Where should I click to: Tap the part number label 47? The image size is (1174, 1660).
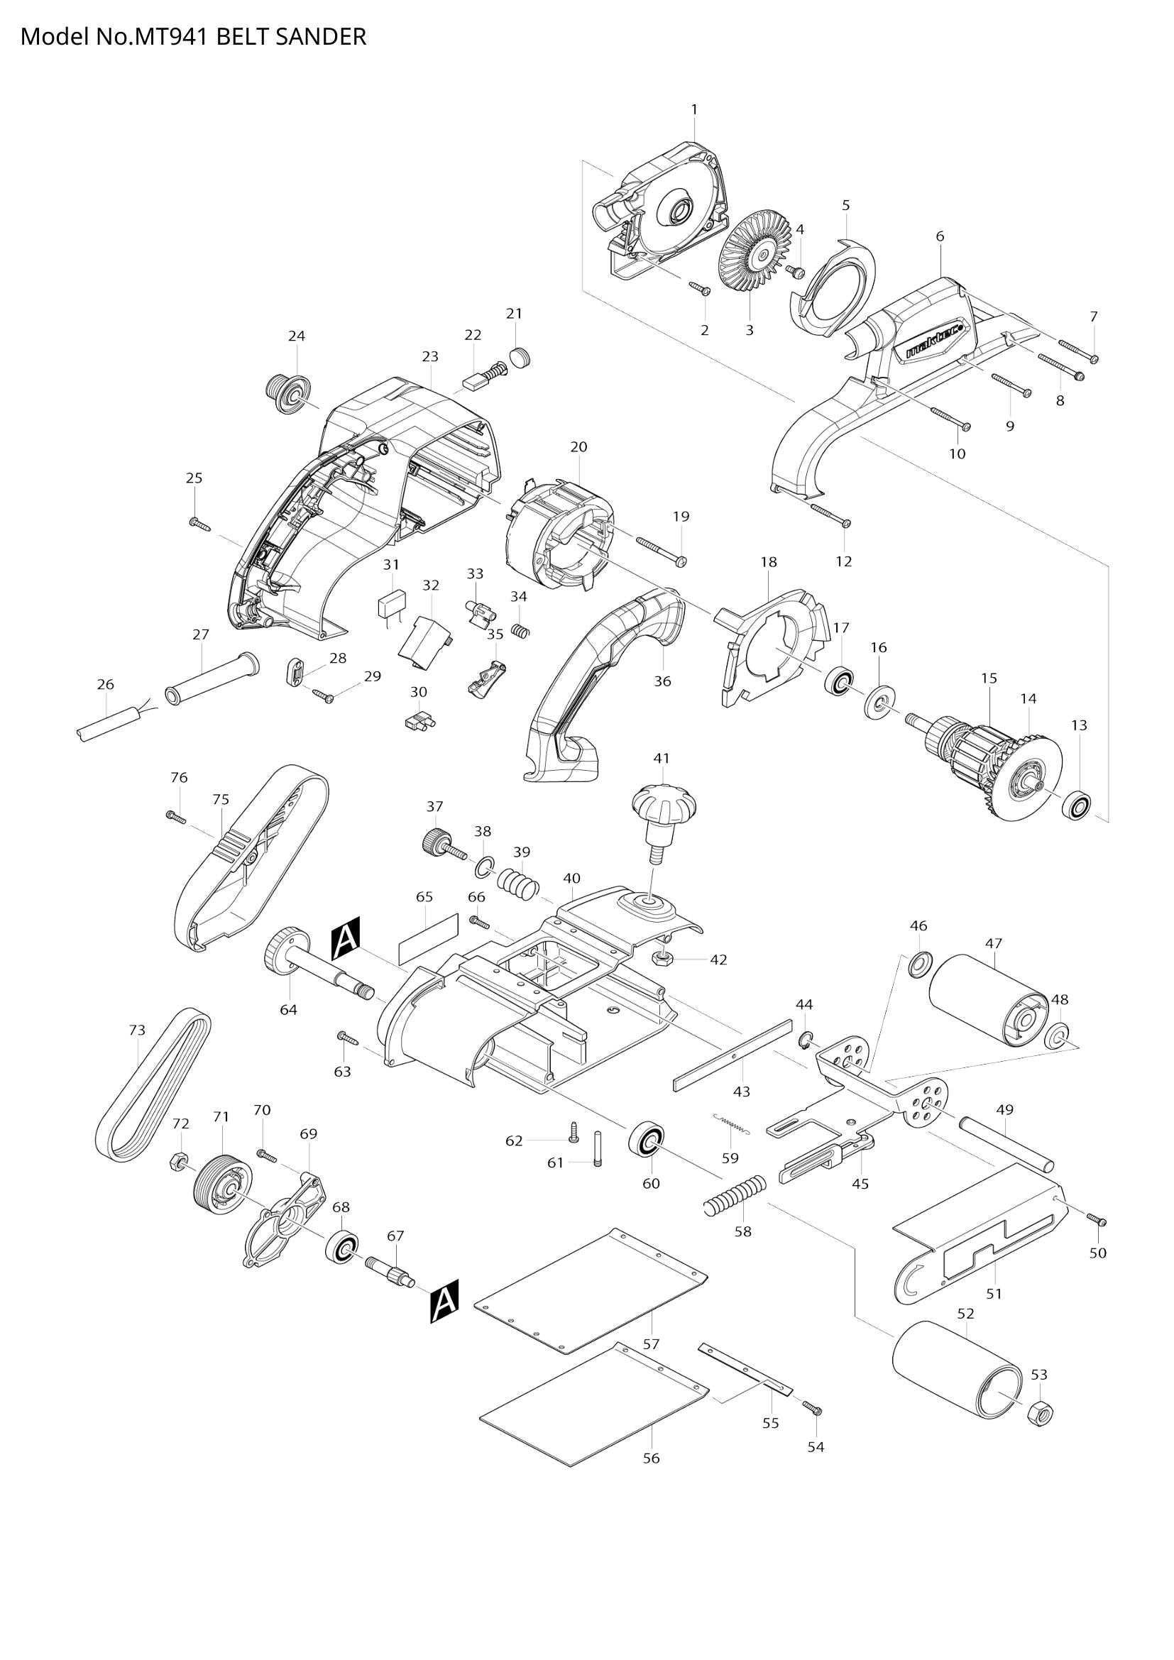pos(993,942)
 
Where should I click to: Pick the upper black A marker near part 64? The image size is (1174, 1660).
pos(346,943)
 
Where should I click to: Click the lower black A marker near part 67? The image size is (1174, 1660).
pos(443,1302)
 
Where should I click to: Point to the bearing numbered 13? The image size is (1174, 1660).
pos(1077,805)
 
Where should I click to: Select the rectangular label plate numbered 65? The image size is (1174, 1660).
pos(429,938)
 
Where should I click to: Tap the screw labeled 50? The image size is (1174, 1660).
pos(1097,1221)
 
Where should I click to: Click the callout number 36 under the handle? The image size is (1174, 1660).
pos(662,681)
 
